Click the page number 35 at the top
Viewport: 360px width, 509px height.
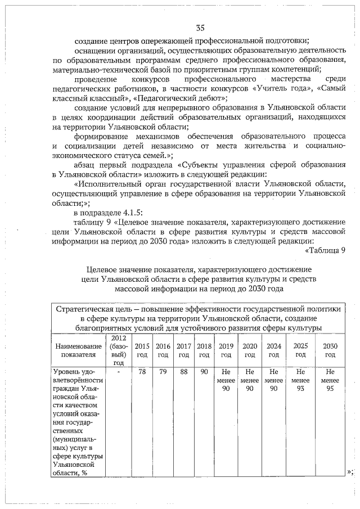[200, 28]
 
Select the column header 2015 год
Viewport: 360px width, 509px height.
[142, 350]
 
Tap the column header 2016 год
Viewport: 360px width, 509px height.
[163, 350]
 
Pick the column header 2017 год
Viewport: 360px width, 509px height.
[183, 350]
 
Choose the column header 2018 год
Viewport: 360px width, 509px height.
[204, 350]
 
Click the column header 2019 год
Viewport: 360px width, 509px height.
[226, 350]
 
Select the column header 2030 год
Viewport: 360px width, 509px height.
[330, 350]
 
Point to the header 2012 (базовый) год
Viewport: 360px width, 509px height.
[118, 350]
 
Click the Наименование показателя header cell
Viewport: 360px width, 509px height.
[78, 350]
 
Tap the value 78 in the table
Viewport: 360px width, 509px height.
[142, 372]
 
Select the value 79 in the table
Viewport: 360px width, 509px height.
[163, 372]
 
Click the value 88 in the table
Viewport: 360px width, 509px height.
[183, 372]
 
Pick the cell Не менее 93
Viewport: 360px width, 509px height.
[300, 381]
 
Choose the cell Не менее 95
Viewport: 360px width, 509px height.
[330, 381]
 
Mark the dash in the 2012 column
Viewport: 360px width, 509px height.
[118, 372]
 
